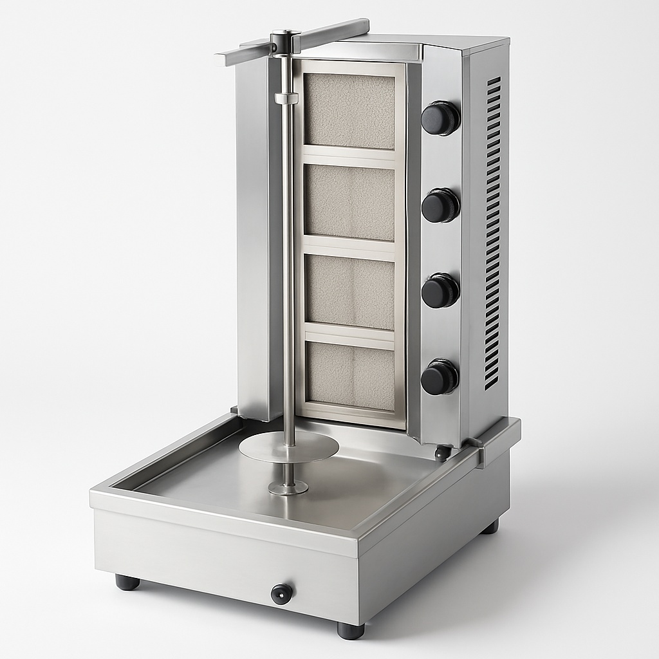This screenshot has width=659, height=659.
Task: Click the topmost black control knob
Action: pyautogui.click(x=440, y=118)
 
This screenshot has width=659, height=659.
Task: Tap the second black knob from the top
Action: pyautogui.click(x=440, y=205)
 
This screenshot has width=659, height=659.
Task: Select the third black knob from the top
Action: pyautogui.click(x=440, y=291)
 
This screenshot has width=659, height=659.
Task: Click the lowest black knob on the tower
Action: pyautogui.click(x=440, y=377)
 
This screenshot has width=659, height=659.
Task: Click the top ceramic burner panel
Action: pyautogui.click(x=349, y=111)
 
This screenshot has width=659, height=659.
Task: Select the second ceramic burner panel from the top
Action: pyautogui.click(x=349, y=200)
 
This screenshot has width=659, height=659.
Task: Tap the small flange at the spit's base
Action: pyautogui.click(x=288, y=488)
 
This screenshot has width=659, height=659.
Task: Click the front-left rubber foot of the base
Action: pyautogui.click(x=127, y=582)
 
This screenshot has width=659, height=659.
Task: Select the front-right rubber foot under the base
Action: pyautogui.click(x=350, y=629)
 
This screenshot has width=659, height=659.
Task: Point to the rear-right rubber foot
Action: pyautogui.click(x=490, y=526)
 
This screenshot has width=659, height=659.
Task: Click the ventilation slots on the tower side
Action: pyautogui.click(x=492, y=232)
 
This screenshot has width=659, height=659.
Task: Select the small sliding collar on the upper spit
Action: pyautogui.click(x=286, y=98)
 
